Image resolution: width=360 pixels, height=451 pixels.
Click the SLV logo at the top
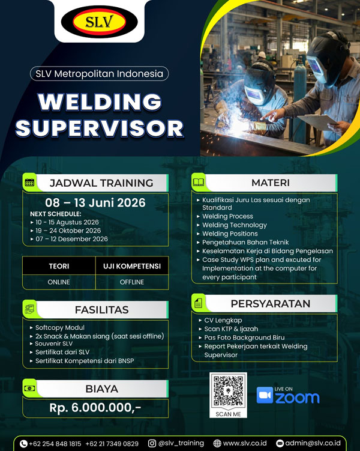click(x=100, y=23)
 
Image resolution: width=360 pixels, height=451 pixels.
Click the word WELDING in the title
click(x=100, y=102)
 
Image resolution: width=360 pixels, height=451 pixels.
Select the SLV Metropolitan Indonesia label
click(x=99, y=74)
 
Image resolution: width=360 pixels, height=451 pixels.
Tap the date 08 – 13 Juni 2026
click(x=95, y=202)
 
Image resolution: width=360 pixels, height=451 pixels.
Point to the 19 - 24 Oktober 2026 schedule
click(x=68, y=231)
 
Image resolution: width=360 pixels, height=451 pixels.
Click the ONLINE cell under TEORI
click(x=59, y=282)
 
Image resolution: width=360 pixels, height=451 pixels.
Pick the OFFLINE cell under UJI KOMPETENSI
click(x=132, y=282)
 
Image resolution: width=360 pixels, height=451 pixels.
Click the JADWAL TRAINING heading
click(x=101, y=183)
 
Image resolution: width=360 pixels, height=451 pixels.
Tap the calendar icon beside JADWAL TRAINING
click(x=29, y=183)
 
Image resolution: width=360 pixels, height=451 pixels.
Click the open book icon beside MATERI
click(x=199, y=182)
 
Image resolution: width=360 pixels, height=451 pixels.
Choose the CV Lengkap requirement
click(x=223, y=320)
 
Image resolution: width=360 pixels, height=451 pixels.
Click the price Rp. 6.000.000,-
click(x=95, y=408)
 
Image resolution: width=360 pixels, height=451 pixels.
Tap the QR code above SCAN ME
click(x=227, y=390)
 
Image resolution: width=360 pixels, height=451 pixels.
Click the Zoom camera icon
click(x=265, y=395)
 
